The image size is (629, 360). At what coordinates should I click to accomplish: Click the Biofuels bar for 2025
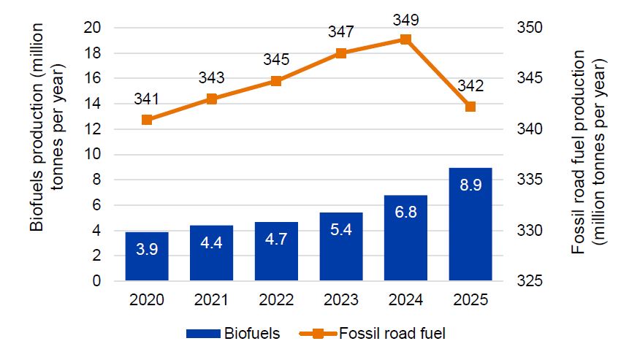click(470, 224)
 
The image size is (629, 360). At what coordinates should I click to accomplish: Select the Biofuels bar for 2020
click(147, 256)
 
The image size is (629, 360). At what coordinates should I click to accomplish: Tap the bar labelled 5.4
click(341, 247)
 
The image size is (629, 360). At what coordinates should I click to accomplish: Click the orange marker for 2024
click(406, 39)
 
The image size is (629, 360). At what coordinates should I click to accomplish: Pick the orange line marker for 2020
click(147, 119)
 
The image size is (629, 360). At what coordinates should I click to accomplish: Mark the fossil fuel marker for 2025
click(470, 107)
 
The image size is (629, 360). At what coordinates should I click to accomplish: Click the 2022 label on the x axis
click(276, 300)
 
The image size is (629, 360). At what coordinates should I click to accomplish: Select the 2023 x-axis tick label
click(341, 300)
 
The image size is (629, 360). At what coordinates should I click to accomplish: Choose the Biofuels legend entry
click(233, 334)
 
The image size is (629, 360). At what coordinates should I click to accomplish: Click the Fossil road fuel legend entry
click(373, 334)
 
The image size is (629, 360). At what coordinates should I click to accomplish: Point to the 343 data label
click(211, 77)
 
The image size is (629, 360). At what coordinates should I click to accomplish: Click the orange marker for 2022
click(276, 81)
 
